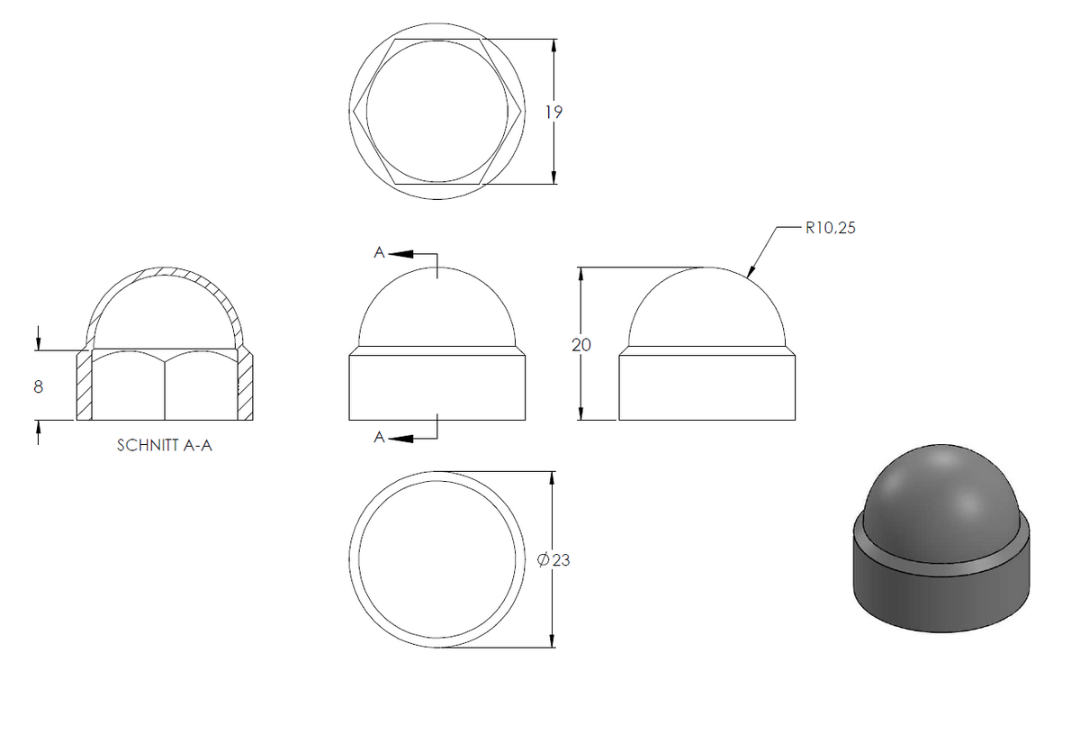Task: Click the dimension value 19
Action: pyautogui.click(x=554, y=112)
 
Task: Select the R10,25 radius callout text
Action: pyautogui.click(x=830, y=228)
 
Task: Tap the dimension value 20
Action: pyautogui.click(x=581, y=345)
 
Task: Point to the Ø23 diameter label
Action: pyautogui.click(x=553, y=560)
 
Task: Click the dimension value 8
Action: pyautogui.click(x=39, y=386)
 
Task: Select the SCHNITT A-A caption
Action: pyautogui.click(x=165, y=445)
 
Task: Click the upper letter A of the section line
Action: pyautogui.click(x=380, y=252)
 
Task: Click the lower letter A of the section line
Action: pyautogui.click(x=380, y=437)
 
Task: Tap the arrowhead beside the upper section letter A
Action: pyautogui.click(x=401, y=254)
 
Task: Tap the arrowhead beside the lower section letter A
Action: pyautogui.click(x=401, y=439)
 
